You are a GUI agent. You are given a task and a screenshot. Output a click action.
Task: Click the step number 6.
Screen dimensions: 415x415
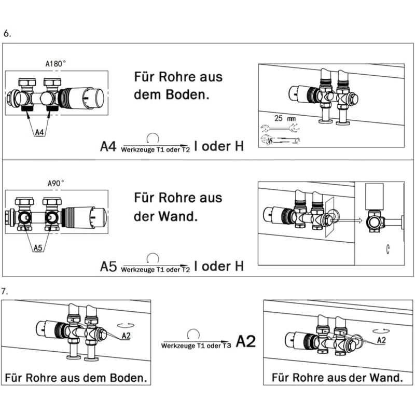pyautogui.click(x=7, y=33)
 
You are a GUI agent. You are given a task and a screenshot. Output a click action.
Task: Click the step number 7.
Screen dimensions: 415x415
pyautogui.click(x=5, y=290)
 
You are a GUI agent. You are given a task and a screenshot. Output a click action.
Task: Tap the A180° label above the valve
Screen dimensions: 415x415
pyautogui.click(x=56, y=64)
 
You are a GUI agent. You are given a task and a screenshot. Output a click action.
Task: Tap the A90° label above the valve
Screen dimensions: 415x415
pyautogui.click(x=56, y=183)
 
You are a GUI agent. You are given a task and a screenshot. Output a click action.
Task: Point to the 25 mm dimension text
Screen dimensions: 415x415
pyautogui.click(x=285, y=118)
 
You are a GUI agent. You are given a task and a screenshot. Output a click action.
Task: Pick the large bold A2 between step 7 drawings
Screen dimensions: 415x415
pyautogui.click(x=246, y=342)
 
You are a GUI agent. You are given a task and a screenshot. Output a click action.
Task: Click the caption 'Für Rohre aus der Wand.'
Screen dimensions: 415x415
pyautogui.click(x=337, y=377)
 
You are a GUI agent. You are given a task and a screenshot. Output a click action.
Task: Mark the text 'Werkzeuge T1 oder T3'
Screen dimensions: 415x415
pyautogui.click(x=195, y=345)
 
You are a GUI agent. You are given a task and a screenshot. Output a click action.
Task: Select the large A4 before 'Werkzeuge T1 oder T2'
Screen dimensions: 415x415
pyautogui.click(x=109, y=146)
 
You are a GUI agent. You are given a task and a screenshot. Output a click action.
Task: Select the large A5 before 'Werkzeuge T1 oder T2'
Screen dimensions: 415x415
pyautogui.click(x=109, y=267)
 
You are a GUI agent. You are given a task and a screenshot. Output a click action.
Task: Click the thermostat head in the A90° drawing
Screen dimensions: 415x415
pyautogui.click(x=86, y=215)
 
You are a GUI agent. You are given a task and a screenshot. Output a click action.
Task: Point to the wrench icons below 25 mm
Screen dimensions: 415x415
pyautogui.click(x=279, y=134)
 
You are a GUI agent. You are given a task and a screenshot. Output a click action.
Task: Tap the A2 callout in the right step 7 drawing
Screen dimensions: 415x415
pyautogui.click(x=381, y=340)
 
